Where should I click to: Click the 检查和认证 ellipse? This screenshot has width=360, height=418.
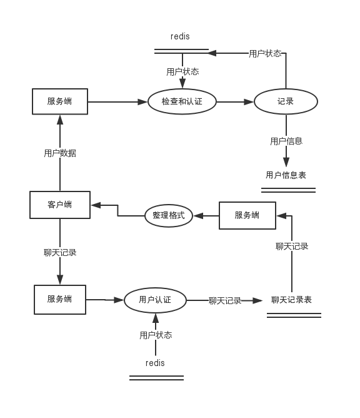182,101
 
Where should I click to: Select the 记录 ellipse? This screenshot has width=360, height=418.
286,101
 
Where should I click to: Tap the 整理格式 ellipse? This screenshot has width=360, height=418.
169,215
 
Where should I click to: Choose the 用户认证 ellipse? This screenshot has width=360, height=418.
155,300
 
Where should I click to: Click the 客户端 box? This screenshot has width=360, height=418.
60,205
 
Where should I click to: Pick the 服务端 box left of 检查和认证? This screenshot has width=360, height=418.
60,101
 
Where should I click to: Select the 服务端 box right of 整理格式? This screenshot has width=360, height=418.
247,215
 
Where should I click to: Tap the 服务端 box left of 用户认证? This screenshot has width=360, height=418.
60,300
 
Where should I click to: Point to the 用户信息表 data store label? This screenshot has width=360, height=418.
286,175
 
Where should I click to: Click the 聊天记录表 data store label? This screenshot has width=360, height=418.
292,300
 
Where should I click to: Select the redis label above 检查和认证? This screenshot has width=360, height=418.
180,36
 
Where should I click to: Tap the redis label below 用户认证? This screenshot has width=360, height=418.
155,363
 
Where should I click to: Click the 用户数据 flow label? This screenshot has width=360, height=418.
60,153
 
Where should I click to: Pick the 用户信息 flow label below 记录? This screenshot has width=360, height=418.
286,141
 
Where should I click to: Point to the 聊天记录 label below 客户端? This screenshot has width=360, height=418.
60,252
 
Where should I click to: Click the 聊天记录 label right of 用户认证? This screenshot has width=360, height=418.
225,301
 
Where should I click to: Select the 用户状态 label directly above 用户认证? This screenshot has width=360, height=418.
156,335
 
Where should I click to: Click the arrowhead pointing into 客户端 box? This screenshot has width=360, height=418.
96,205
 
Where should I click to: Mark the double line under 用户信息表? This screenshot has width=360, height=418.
288,190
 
